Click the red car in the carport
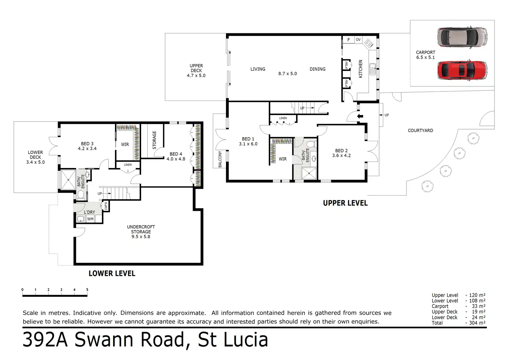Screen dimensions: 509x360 462,70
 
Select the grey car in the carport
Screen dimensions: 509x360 462,37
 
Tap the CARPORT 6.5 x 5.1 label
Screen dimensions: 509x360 425,55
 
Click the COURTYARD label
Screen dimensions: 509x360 420,131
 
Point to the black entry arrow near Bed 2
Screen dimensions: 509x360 360,116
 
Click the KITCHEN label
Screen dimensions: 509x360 361,69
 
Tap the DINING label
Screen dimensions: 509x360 317,69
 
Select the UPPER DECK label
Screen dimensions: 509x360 196,71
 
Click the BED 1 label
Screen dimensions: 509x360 248,142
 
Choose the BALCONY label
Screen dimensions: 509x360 220,159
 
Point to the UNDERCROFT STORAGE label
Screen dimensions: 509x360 141,232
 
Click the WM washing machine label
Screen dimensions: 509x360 90,219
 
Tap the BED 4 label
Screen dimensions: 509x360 176,156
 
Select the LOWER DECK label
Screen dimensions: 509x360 36,157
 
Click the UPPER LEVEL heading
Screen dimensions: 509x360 345,203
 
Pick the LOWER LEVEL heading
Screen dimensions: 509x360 112,274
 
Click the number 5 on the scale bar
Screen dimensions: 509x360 87,290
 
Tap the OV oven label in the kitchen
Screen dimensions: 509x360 358,40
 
